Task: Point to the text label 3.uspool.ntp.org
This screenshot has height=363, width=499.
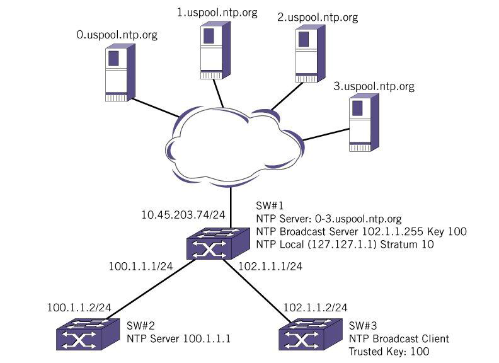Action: click(373, 85)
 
